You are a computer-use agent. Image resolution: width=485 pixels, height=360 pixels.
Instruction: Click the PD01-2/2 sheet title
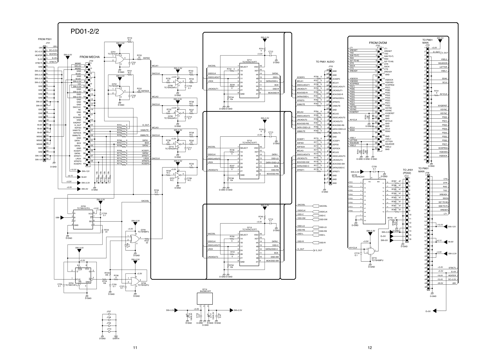click(x=85, y=32)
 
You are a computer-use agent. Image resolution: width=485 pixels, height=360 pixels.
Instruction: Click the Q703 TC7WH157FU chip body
click(x=83, y=219)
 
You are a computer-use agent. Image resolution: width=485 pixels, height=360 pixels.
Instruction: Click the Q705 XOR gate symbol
click(x=134, y=239)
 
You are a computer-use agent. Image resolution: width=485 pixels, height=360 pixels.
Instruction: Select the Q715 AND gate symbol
click(x=371, y=251)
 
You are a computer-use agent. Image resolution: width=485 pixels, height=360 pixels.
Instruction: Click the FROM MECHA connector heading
click(x=89, y=57)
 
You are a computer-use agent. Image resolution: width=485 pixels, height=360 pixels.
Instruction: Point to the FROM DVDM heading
click(x=378, y=43)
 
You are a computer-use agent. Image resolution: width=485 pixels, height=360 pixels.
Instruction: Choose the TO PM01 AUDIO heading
click(x=325, y=62)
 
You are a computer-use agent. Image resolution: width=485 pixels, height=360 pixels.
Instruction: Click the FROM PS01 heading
click(x=45, y=39)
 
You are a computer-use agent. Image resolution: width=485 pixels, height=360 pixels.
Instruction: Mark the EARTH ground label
click(x=116, y=338)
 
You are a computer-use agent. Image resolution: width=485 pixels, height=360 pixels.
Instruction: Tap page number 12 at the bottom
click(x=370, y=348)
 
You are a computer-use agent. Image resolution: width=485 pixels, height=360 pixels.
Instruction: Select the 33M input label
click(x=57, y=217)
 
